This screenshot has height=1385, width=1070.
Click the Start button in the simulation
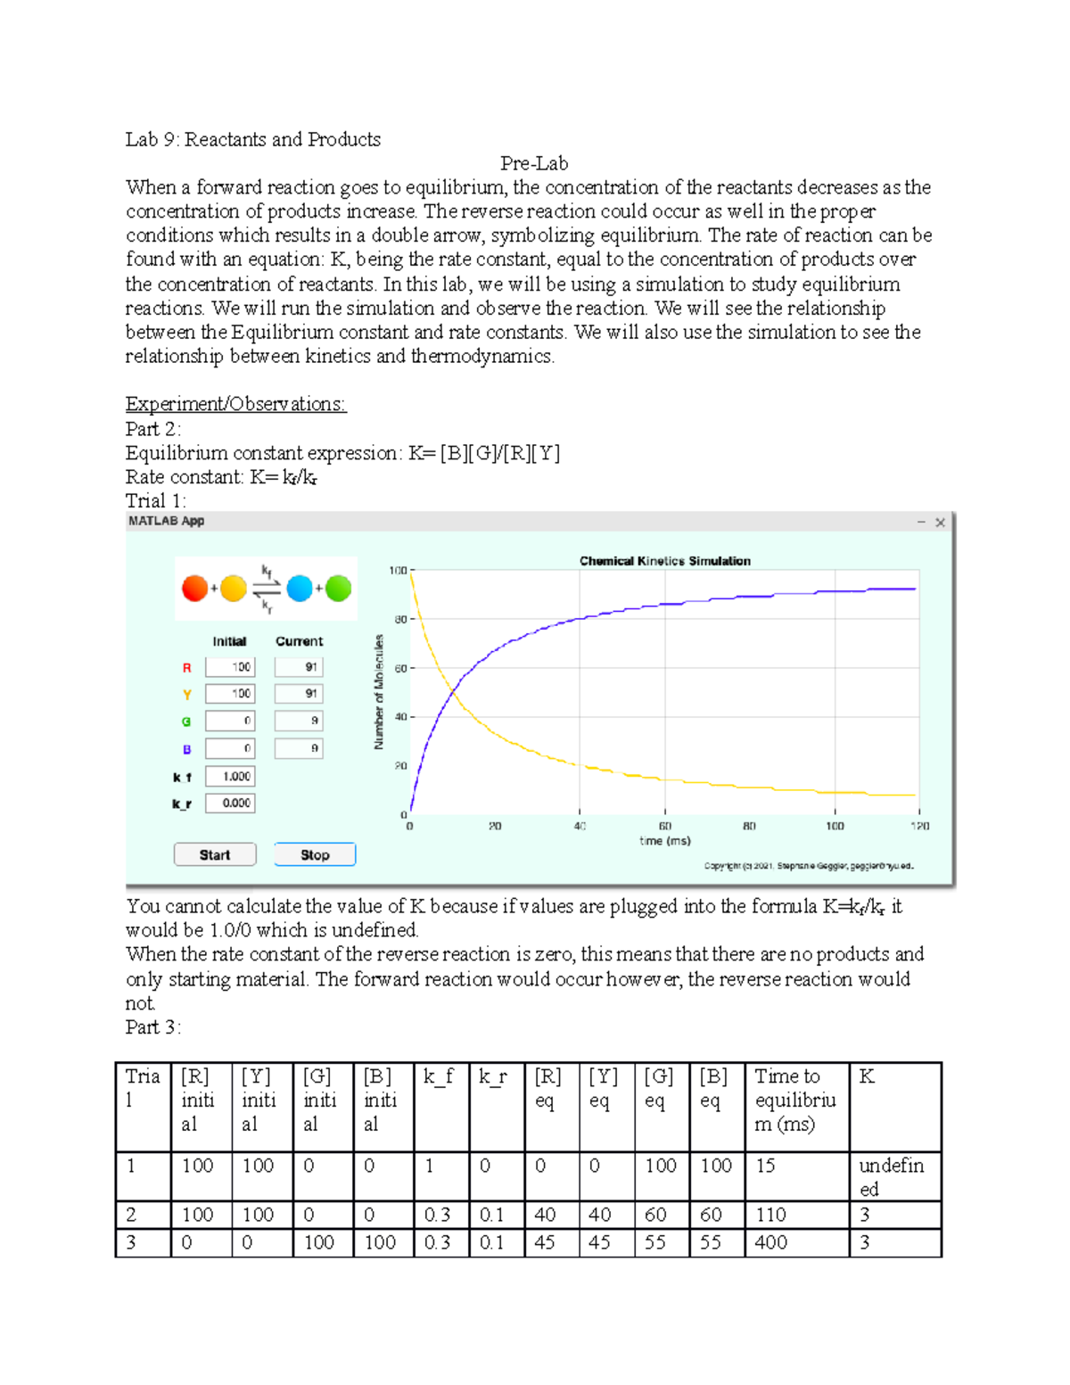pyautogui.click(x=215, y=854)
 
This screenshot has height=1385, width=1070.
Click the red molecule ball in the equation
pyautogui.click(x=194, y=589)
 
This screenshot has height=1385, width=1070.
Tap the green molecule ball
pyautogui.click(x=338, y=589)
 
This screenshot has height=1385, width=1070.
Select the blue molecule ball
pyautogui.click(x=300, y=589)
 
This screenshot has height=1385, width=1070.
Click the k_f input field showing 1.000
pyautogui.click(x=230, y=777)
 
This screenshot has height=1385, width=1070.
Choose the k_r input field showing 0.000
pyautogui.click(x=230, y=804)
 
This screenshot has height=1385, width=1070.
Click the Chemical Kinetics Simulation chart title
pyautogui.click(x=664, y=561)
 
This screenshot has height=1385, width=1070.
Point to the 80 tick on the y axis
pyautogui.click(x=400, y=619)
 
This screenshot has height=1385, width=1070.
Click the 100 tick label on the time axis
pyautogui.click(x=834, y=827)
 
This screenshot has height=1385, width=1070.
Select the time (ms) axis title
pyautogui.click(x=664, y=841)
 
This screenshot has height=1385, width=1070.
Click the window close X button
pyautogui.click(x=940, y=523)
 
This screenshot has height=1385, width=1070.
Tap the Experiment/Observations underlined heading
pyautogui.click(x=235, y=404)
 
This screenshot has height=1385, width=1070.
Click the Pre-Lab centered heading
pyautogui.click(x=533, y=163)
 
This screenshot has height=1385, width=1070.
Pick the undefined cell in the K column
pyautogui.click(x=892, y=1176)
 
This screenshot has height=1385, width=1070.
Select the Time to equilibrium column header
pyautogui.click(x=794, y=1101)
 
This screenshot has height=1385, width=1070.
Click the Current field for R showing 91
pyautogui.click(x=299, y=667)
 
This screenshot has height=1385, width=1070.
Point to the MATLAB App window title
pyautogui.click(x=166, y=521)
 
